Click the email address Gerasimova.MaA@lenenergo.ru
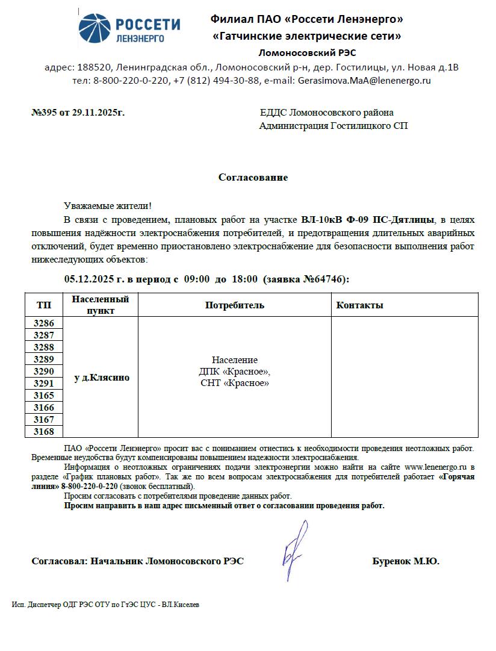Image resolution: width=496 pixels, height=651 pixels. [x=364, y=81]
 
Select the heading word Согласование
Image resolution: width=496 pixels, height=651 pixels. [x=253, y=178]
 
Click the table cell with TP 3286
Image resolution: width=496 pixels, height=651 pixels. [x=43, y=323]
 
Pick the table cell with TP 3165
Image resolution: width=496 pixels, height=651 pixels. [x=43, y=396]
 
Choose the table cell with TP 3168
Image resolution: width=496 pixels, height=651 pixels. [x=43, y=432]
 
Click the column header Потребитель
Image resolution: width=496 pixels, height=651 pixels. [x=235, y=305]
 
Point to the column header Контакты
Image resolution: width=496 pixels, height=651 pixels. [x=359, y=305]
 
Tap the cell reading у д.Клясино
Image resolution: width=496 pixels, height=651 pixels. [x=101, y=378]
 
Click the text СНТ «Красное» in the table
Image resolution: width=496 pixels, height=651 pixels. [x=235, y=383]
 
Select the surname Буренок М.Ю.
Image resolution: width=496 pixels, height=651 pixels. [x=406, y=561]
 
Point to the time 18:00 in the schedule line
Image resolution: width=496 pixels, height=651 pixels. [x=244, y=279]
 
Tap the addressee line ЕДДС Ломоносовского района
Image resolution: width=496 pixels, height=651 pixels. [x=327, y=113]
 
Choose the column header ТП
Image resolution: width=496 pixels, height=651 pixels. [x=43, y=305]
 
